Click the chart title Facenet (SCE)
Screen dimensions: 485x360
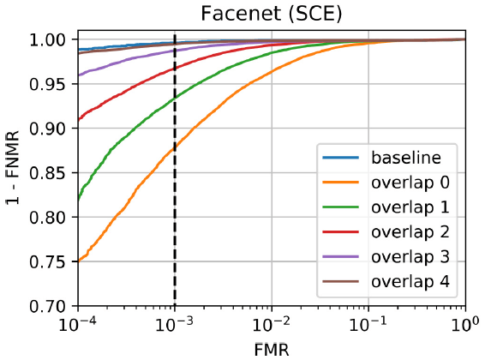tap(272, 14)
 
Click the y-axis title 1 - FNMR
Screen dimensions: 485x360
tap(13, 167)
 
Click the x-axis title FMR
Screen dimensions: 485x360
tap(272, 351)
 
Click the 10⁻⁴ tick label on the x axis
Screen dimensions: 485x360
tap(77, 323)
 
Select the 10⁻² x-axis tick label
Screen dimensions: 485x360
tap(272, 323)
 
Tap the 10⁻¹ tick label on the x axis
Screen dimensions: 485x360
tap(368, 323)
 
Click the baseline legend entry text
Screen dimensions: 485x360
tap(406, 158)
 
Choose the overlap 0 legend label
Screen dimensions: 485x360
tap(410, 183)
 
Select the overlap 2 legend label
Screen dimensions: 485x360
tap(410, 232)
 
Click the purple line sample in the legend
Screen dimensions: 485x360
tap(340, 256)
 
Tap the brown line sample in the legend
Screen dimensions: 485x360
tap(340, 281)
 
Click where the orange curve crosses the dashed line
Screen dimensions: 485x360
tap(175, 147)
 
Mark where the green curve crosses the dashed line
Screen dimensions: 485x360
tap(175, 98)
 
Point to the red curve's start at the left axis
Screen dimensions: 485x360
tap(79, 119)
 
